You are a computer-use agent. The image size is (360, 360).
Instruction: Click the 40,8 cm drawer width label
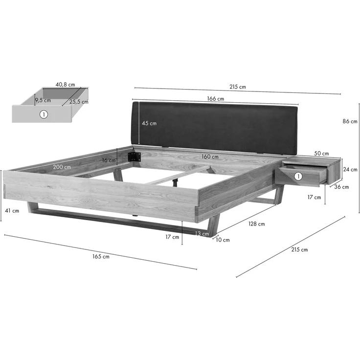point(65,85)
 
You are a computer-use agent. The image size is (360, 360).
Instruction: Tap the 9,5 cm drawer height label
point(43,100)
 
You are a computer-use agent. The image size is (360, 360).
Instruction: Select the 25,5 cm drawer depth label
point(79,102)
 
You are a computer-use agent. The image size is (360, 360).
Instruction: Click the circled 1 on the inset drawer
point(44,114)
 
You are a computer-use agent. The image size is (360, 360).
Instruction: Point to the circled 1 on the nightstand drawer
point(298,176)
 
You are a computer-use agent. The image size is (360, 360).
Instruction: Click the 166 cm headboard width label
point(215,99)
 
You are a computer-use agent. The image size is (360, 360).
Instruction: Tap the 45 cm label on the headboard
point(149,123)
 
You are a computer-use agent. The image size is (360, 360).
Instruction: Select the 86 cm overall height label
point(350,121)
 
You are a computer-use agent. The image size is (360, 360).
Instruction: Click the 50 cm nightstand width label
point(321,154)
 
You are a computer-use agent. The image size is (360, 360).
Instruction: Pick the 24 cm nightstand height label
point(350,169)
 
